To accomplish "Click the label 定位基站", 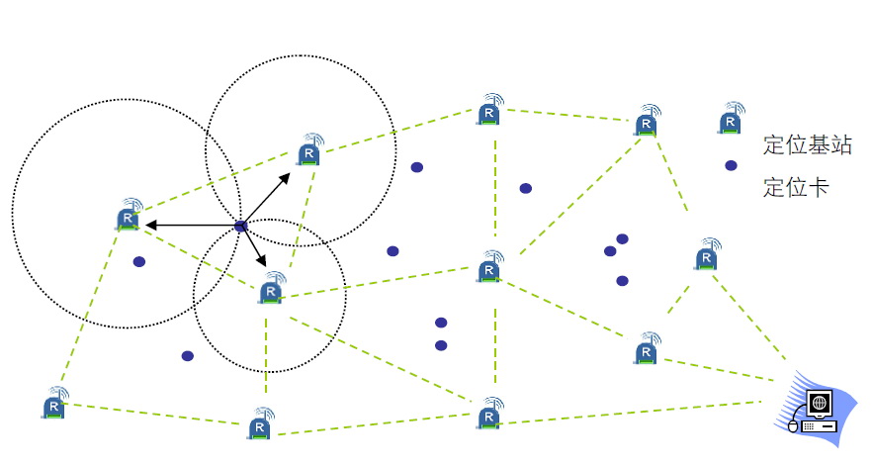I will click(x=807, y=145).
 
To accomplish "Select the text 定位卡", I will click(x=796, y=187).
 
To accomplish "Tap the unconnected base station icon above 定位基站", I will click(x=731, y=120).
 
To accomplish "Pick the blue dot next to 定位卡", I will click(x=731, y=165).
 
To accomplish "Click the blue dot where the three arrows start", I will click(x=240, y=228).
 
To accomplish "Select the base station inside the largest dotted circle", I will click(x=129, y=216).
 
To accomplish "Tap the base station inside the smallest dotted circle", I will click(x=271, y=291).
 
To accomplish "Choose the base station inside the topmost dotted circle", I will click(x=309, y=152).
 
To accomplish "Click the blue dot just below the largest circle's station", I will click(x=139, y=262).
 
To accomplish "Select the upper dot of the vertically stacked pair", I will click(x=441, y=323).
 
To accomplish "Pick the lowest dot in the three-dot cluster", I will click(x=622, y=281).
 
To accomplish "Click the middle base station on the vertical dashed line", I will click(x=490, y=267).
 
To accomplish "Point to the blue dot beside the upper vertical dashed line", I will click(x=525, y=188).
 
